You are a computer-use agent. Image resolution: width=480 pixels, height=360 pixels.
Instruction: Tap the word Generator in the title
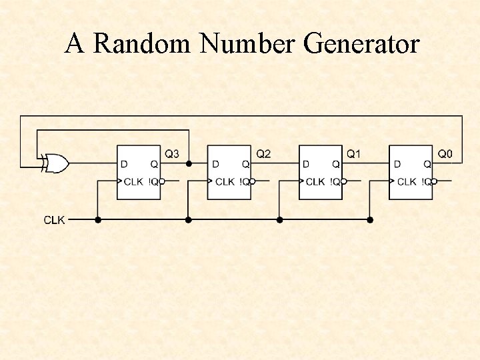[361, 44]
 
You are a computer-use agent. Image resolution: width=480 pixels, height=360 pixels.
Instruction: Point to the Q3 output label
[172, 154]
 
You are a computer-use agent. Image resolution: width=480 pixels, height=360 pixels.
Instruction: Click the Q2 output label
[263, 154]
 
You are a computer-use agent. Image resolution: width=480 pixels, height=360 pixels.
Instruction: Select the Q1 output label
[354, 154]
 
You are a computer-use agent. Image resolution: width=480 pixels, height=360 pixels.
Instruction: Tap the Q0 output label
[445, 154]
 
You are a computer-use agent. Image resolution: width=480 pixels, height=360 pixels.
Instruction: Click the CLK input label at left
[54, 219]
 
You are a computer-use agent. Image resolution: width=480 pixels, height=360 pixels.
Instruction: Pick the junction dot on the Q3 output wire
[189, 163]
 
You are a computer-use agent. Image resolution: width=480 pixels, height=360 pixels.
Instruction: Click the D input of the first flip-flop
[124, 163]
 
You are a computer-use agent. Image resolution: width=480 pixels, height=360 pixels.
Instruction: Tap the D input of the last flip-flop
[397, 163]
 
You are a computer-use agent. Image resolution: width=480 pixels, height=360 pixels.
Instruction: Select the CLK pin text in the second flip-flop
[225, 181]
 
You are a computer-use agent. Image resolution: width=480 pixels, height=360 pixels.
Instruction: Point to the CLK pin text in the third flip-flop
[315, 181]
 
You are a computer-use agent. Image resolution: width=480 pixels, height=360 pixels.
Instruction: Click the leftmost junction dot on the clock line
[98, 219]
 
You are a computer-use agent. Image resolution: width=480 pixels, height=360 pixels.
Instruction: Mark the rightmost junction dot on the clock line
[370, 219]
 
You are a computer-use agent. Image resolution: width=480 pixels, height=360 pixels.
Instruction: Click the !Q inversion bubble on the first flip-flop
[162, 181]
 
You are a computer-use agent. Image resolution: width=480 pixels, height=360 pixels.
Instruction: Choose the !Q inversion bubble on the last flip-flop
[434, 181]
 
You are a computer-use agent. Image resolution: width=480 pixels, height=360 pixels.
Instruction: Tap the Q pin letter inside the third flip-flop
[335, 163]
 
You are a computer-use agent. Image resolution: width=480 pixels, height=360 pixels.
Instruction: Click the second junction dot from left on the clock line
[189, 219]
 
